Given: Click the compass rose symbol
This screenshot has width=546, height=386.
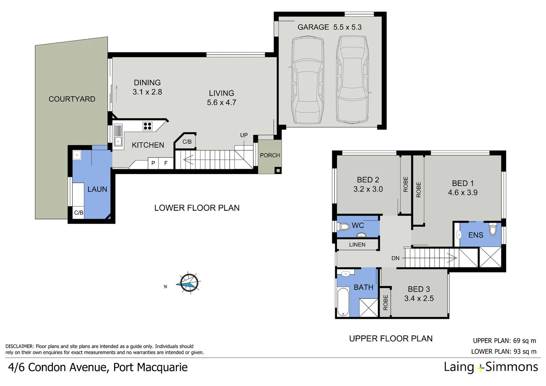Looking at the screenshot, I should point(189,283).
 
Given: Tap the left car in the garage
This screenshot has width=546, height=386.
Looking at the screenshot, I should point(308,80).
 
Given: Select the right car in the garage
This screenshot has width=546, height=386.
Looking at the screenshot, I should point(352,80).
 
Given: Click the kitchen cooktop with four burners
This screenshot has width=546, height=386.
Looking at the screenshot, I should point(148,126).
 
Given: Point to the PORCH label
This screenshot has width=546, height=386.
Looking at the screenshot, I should point(270,155).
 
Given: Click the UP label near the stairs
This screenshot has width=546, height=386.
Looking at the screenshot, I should point(244,135).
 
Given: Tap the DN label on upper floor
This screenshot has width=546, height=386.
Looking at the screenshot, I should point(395,258).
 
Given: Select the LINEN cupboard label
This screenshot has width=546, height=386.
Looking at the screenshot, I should point(357,244).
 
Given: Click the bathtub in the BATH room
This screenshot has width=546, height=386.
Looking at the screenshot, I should point(343,302).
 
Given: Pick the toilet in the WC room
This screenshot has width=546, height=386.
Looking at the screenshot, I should point(344,226).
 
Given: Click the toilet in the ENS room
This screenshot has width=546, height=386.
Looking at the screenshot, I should point(493,229).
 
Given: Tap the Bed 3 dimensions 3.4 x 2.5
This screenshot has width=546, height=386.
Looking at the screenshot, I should point(419,298).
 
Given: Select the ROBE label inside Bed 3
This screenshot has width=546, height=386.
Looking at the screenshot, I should point(385,302).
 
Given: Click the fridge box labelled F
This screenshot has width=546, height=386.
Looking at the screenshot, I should point(166,163).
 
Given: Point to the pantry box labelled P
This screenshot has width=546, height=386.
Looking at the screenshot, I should point(153,163).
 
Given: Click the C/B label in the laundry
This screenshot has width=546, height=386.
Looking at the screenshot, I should point(79,213).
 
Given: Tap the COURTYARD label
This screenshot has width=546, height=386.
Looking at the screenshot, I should point(72,99).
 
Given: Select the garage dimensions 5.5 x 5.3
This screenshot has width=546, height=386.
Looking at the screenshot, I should point(347,27).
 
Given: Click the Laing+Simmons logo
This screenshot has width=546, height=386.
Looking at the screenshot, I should point(491,367).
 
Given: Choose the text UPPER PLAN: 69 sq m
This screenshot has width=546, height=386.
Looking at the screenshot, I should point(504,341).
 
